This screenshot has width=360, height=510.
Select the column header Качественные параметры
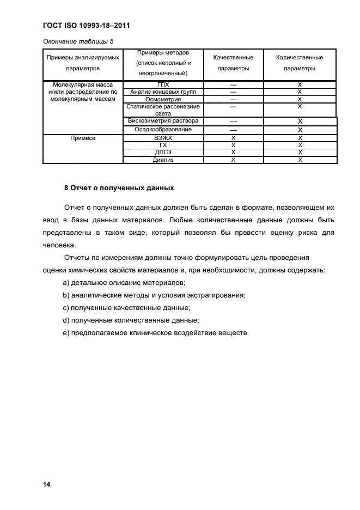233,63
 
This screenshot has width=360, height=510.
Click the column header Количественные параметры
300,63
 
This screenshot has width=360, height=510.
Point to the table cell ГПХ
163,85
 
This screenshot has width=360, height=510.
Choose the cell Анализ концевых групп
163,92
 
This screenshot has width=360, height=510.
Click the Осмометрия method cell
163,100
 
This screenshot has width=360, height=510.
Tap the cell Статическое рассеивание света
163,110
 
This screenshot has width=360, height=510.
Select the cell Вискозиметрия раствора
163,121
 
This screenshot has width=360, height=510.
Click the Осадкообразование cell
163,130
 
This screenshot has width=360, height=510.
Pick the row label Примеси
83,138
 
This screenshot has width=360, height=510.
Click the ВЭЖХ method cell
163,138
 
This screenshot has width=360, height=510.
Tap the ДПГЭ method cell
163,153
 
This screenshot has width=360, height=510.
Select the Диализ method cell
163,160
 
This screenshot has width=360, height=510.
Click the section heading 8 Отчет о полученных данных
119,188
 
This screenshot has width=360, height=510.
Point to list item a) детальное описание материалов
125,283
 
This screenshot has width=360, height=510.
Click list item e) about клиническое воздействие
156,333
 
